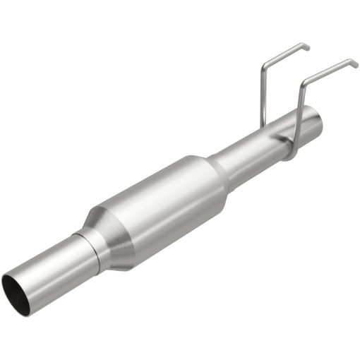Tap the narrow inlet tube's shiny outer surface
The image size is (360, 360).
49,265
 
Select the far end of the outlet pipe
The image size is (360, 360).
313,120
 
